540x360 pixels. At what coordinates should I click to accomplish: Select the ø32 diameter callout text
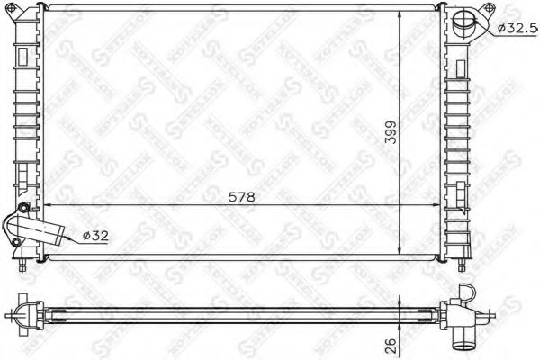[96, 236]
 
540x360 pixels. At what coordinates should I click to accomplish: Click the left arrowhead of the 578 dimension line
[47, 205]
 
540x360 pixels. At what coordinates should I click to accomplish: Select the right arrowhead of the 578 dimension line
[438, 205]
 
